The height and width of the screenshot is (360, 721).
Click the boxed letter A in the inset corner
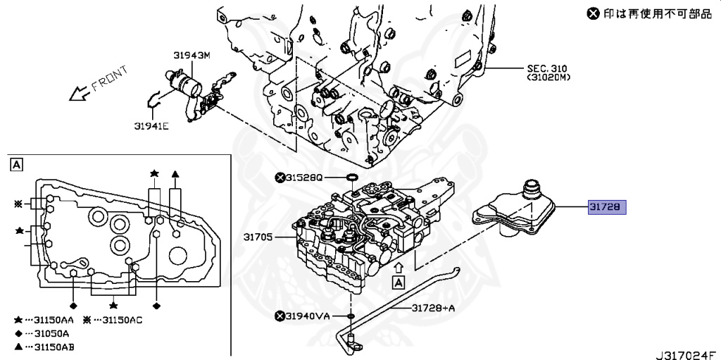click(x=15, y=165)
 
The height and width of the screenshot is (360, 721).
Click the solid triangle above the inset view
click(x=175, y=173)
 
